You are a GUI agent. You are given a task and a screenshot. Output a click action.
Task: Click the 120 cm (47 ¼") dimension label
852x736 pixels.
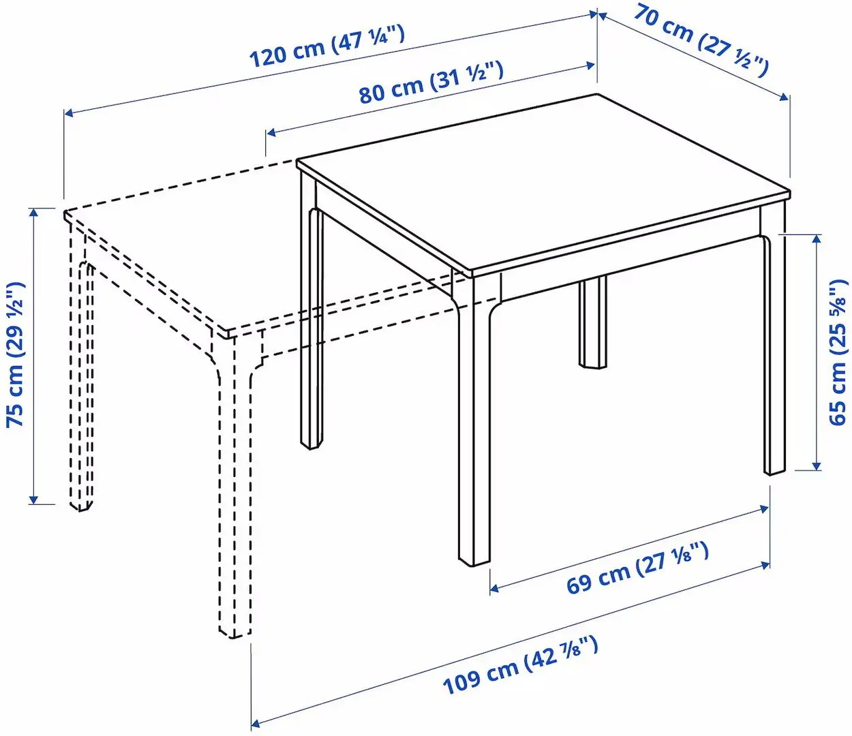click(x=327, y=46)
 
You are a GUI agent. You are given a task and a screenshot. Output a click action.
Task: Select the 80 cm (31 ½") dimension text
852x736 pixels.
click(x=431, y=82)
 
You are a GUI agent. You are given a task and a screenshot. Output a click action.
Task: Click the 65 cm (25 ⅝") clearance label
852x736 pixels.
click(x=838, y=352)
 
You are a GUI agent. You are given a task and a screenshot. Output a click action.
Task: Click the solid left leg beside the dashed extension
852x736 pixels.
click(x=311, y=320)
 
